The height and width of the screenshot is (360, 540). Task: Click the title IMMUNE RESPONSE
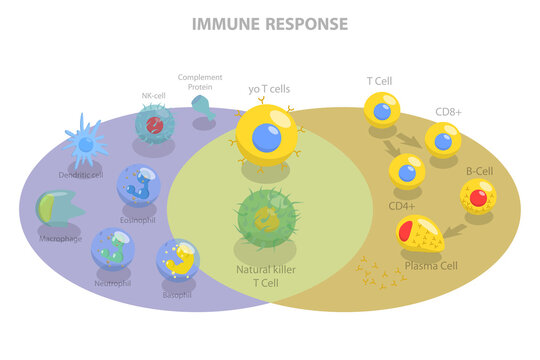(270, 23)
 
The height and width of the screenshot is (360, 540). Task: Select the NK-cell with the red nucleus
(155, 125)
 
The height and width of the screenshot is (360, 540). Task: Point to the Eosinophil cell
(138, 185)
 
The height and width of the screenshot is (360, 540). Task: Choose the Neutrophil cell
(113, 248)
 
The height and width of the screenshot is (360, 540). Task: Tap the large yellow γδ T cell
(266, 135)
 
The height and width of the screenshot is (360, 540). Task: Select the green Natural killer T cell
(267, 218)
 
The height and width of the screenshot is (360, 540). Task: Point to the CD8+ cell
(443, 140)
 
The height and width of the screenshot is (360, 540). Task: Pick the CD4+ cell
(407, 171)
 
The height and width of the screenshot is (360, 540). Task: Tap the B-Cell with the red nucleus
(478, 196)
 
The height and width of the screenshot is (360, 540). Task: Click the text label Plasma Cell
(431, 267)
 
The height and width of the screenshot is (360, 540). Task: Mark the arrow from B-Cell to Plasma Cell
(455, 231)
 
